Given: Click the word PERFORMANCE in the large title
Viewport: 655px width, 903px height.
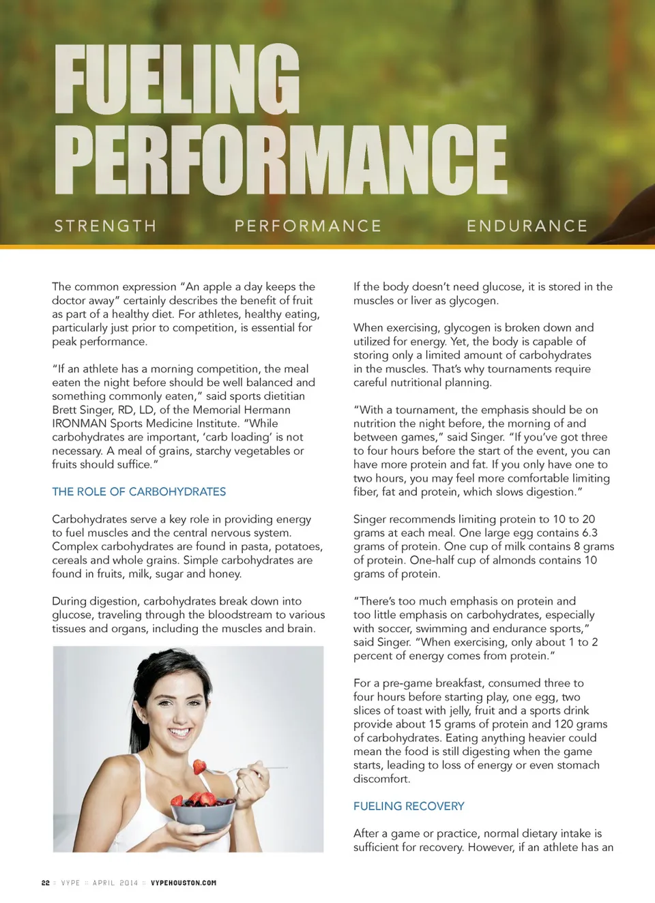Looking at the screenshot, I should tap(280, 160).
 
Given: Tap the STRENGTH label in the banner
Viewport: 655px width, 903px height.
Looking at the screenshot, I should tap(105, 226).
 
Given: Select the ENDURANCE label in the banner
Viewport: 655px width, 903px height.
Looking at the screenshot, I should tap(527, 226).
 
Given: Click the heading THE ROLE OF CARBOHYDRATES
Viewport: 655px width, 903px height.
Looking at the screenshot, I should tap(139, 492).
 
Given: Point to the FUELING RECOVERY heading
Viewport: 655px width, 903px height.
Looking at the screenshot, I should tap(409, 806).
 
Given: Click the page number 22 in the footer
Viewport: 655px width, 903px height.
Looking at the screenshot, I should tap(46, 883).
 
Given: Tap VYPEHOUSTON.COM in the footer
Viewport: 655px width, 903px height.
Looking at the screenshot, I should tap(184, 883).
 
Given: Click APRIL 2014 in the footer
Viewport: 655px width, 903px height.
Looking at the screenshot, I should tap(115, 883).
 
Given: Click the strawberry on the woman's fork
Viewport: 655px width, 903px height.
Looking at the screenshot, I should tap(199, 767).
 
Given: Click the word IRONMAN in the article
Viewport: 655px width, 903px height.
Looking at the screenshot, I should tap(79, 424).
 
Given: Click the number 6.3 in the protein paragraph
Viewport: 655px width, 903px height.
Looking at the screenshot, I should tap(589, 533).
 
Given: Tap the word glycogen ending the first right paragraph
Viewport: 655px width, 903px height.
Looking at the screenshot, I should tap(474, 301).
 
